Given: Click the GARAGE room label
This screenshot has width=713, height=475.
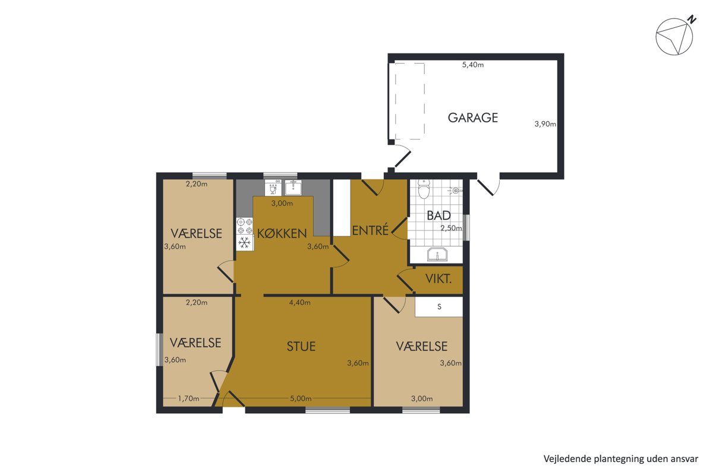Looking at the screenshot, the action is coord(473,118).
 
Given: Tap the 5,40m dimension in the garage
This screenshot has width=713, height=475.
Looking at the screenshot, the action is coord(473,65).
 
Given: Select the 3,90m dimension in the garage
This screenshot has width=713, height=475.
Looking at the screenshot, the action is coord(545,124).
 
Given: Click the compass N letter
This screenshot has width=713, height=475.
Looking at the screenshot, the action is coord(692,20).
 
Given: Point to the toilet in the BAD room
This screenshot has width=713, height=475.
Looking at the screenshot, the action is coord(424,189).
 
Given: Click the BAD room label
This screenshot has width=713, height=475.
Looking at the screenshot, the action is coord(438,216).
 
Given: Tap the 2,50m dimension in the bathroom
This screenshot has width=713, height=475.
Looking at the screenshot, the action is coord(451,228).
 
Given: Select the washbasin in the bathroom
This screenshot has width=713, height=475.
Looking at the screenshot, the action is coord(437,255).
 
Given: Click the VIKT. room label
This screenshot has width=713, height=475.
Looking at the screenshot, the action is coord(438,279).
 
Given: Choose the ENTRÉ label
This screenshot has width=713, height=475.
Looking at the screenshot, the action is coord(370,230).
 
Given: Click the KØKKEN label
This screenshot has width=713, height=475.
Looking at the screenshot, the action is coord(282,233).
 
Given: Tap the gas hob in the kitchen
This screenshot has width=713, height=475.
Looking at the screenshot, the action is coord(245,226).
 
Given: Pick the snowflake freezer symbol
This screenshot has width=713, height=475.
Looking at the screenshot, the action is coord(244,243).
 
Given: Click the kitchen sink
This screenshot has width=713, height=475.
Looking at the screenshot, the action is coord(293,187).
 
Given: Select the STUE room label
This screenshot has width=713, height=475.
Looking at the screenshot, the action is coord(301,347).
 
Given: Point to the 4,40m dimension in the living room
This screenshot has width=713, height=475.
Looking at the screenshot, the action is coord(300,303).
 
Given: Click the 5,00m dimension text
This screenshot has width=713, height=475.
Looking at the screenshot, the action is coord(301,398).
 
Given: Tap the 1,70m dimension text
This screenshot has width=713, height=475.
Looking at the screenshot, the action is coord(188,398).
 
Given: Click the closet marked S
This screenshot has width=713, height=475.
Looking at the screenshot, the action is coord(439,307).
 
